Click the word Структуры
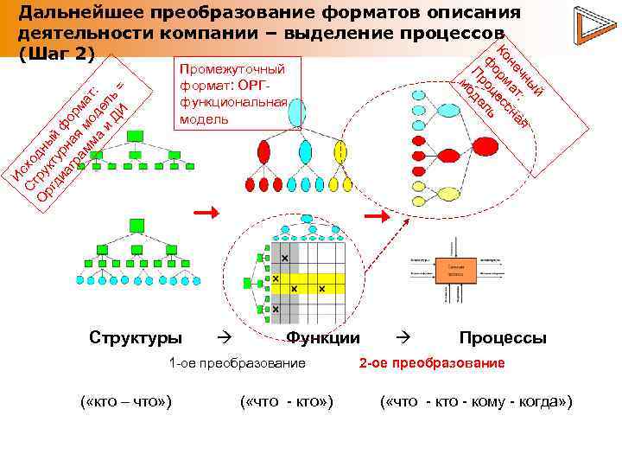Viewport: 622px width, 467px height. [x=136, y=337]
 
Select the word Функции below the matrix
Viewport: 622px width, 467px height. [x=323, y=337]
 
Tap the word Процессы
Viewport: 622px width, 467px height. [x=503, y=337]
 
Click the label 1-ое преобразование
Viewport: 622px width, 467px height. [x=238, y=363]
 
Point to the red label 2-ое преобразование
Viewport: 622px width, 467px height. [x=433, y=363]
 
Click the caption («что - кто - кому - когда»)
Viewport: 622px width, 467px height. [x=477, y=402]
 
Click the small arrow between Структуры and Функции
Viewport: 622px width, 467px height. [x=221, y=336]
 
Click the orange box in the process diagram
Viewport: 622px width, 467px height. [x=456, y=271]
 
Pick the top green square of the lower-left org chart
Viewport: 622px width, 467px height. [x=136, y=225]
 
